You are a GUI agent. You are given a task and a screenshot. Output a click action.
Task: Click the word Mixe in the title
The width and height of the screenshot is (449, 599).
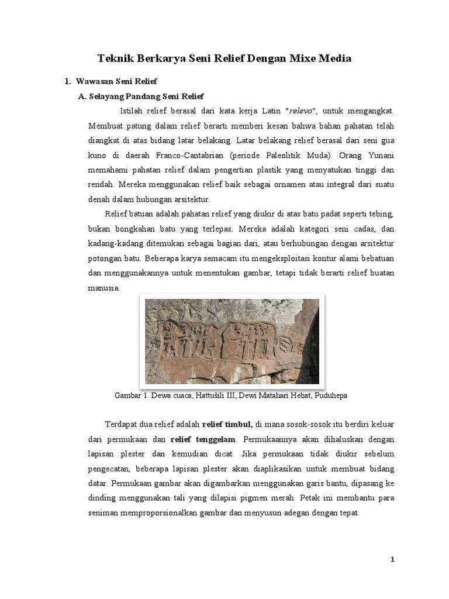coord(292,58)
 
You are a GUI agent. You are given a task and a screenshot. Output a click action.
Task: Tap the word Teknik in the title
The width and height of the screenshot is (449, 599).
coord(117,58)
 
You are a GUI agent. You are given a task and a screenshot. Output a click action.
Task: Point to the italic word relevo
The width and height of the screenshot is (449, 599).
coord(299,111)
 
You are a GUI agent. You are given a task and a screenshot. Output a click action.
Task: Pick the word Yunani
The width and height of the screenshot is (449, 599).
coord(380,156)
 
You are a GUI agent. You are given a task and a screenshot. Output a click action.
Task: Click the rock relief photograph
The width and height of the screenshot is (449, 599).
coord(232,341)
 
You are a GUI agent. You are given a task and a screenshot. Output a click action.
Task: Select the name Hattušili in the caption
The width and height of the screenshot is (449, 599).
coord(211,396)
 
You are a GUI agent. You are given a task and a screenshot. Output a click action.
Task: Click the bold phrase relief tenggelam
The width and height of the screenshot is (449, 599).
coord(203,439)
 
